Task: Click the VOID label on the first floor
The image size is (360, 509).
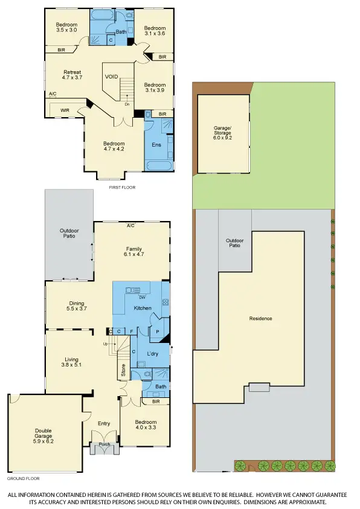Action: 111,77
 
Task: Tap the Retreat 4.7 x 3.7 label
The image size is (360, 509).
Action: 72,75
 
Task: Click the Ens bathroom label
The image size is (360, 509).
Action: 157,145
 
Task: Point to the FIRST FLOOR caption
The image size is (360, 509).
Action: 123,188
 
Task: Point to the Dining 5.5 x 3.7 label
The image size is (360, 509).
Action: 76,306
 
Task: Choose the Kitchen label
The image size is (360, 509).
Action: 143,308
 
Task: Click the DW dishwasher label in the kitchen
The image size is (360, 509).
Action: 142,297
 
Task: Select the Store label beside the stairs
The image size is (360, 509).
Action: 123,370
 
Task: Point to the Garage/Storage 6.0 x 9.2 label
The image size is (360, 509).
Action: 222,133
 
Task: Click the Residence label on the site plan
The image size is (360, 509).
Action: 260,318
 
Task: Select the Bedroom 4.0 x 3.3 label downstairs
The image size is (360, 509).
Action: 146,425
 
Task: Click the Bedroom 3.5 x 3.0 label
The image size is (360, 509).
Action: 67,27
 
